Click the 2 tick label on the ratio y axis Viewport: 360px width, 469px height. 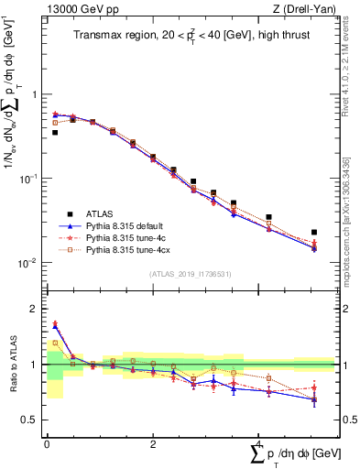click(x=34, y=309)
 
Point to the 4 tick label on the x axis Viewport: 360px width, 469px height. click(x=259, y=444)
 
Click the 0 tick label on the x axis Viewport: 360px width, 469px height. click(x=47, y=444)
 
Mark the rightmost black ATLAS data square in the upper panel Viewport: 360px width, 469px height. click(x=314, y=233)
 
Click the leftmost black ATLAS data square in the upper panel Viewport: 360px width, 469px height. click(x=55, y=133)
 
